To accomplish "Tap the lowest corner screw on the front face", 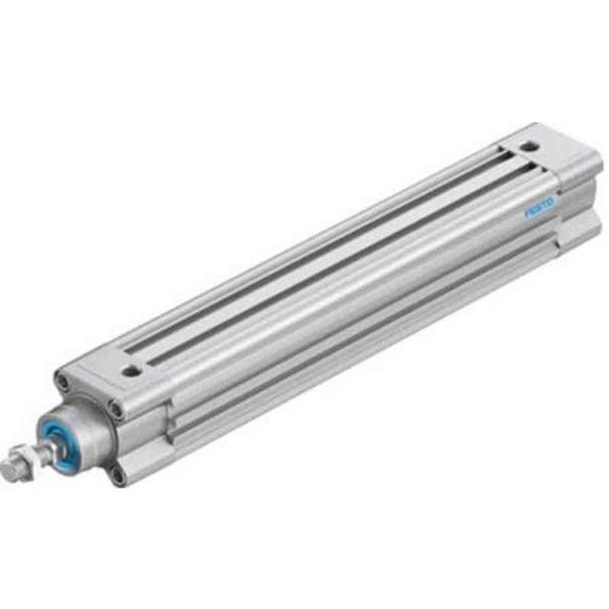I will (x=116, y=477).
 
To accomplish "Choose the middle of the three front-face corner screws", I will (x=116, y=410).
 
